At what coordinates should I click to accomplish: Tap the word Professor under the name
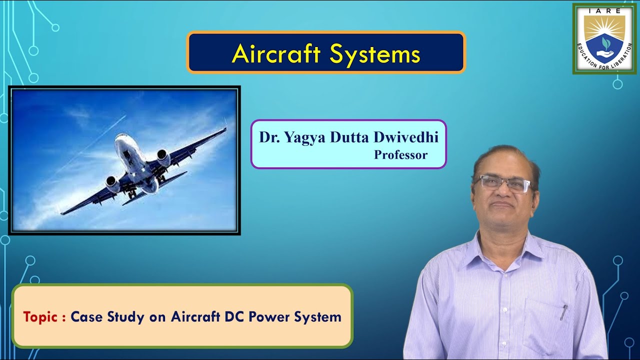400,155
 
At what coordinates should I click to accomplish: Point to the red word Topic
41,316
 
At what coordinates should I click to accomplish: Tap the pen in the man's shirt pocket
563,312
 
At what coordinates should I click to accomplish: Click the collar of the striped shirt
505,245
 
